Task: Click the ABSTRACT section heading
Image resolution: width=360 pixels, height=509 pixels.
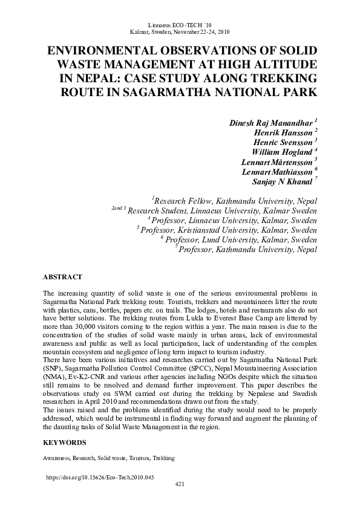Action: (x=62, y=276)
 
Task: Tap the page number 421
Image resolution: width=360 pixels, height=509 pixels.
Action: (x=180, y=484)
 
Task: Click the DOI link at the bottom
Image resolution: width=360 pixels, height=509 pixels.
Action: (x=100, y=477)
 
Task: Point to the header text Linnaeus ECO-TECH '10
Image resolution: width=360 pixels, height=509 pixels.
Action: (x=180, y=22)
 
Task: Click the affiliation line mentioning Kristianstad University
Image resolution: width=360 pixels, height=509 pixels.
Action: (x=228, y=230)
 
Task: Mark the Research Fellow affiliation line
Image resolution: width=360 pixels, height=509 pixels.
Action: (x=235, y=201)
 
